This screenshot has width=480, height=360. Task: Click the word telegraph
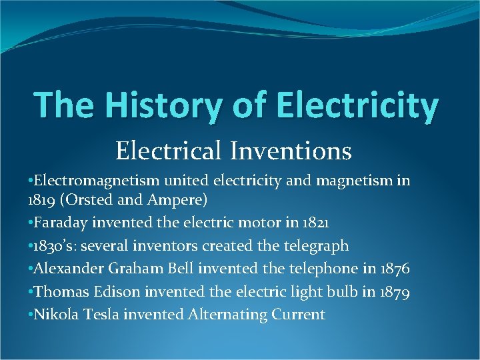[315, 246]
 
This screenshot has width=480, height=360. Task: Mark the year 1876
[393, 269]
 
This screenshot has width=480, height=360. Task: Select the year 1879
[390, 291]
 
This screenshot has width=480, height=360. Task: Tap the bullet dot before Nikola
[31, 314]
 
